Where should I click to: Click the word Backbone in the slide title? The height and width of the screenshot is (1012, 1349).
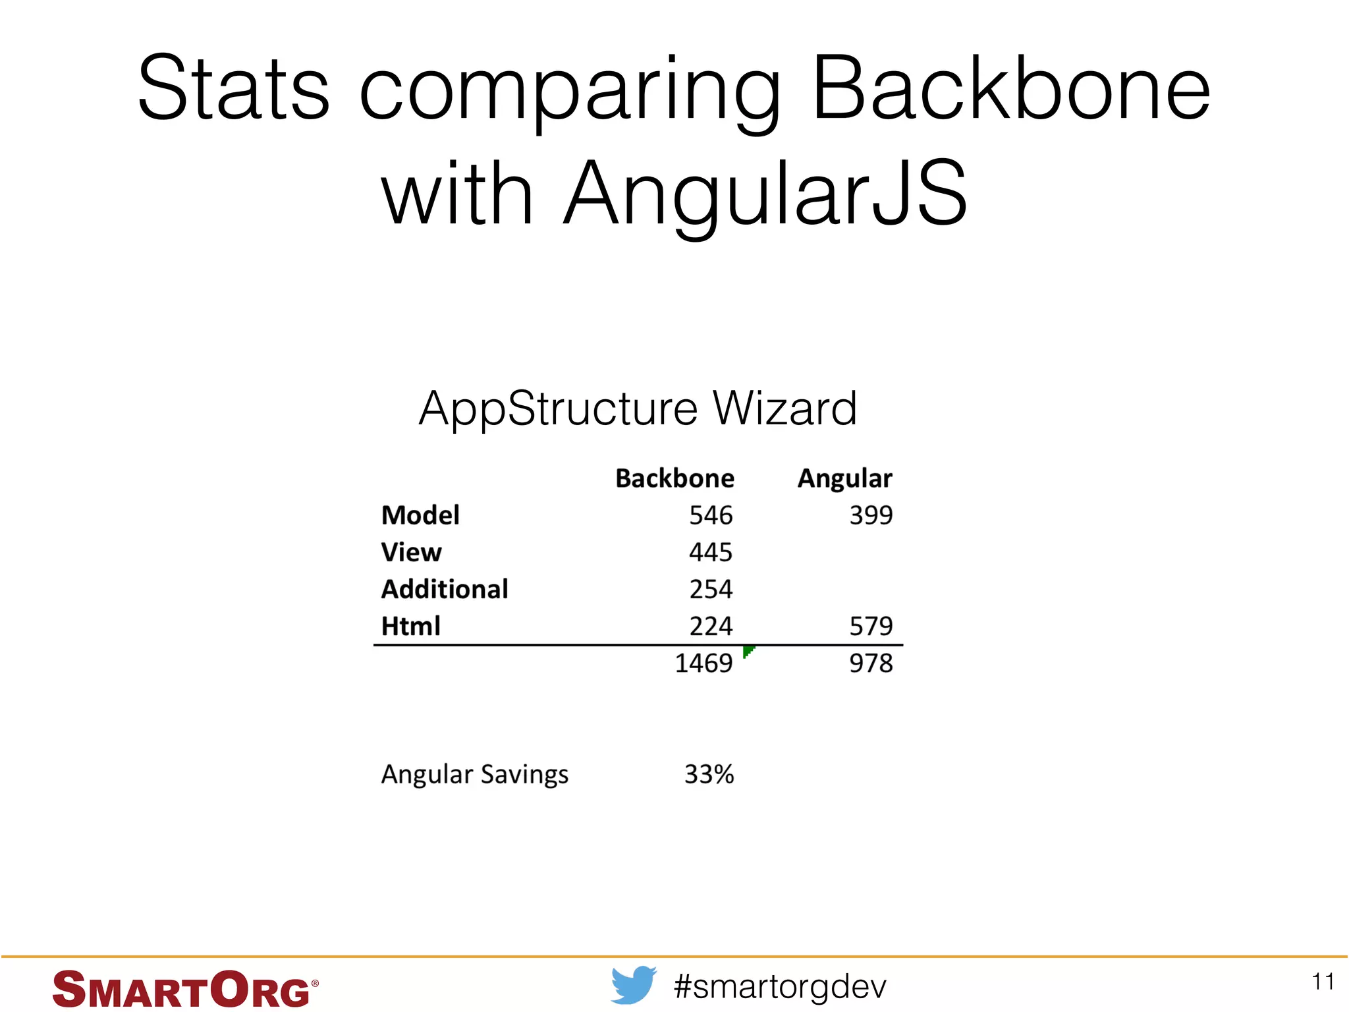click(1010, 89)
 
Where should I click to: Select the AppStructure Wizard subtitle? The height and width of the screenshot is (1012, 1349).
click(638, 408)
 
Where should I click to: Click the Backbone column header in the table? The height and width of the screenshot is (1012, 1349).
click(674, 478)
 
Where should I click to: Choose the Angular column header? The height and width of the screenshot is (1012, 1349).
click(844, 478)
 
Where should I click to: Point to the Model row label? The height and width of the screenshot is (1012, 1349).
click(420, 515)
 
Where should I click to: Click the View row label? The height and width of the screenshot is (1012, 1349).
click(411, 552)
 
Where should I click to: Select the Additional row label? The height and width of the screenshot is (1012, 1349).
click(445, 589)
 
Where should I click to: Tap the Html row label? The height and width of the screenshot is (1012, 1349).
click(410, 626)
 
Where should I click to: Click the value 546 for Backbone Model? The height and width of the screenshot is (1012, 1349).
click(710, 515)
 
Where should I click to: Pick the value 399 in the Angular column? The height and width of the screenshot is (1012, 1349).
click(870, 515)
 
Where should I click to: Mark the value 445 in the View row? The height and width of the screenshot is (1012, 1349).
click(710, 552)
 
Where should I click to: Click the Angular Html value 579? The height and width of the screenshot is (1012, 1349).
click(870, 626)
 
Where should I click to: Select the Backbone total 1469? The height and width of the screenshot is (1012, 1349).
click(703, 663)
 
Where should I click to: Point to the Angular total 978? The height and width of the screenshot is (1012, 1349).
click(870, 663)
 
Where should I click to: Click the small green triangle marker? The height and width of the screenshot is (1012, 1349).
click(748, 651)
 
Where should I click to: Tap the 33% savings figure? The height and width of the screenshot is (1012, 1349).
click(709, 774)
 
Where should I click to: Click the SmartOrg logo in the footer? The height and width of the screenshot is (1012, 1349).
click(184, 988)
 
